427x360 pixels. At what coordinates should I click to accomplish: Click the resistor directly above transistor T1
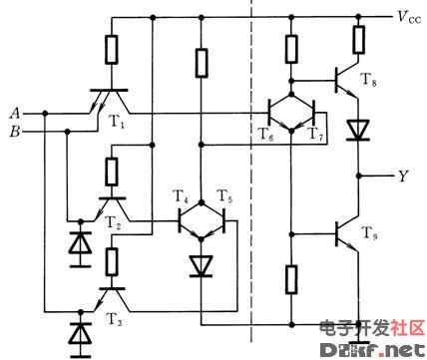(x=110, y=50)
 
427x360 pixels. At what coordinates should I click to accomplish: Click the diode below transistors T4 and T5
(x=201, y=265)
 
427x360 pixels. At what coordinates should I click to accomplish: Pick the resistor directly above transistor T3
(x=110, y=262)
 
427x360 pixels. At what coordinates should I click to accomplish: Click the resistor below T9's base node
(x=291, y=279)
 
